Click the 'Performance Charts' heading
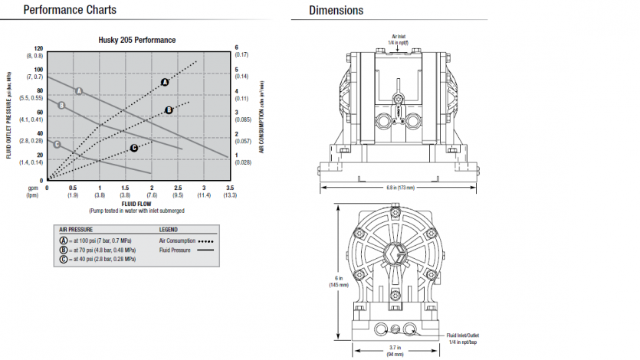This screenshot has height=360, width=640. pos(70,10)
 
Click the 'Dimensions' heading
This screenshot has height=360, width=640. pos(336,10)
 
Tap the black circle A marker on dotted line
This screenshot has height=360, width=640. pos(165,82)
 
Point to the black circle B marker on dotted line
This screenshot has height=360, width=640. pos(169,110)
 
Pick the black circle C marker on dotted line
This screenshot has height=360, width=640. pos(134,148)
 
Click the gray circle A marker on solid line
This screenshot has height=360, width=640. pos(78,90)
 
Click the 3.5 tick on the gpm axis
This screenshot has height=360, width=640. pos(230,188)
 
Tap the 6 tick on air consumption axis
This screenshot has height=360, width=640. pos(237,47)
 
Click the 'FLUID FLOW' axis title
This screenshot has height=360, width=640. pos(139,204)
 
